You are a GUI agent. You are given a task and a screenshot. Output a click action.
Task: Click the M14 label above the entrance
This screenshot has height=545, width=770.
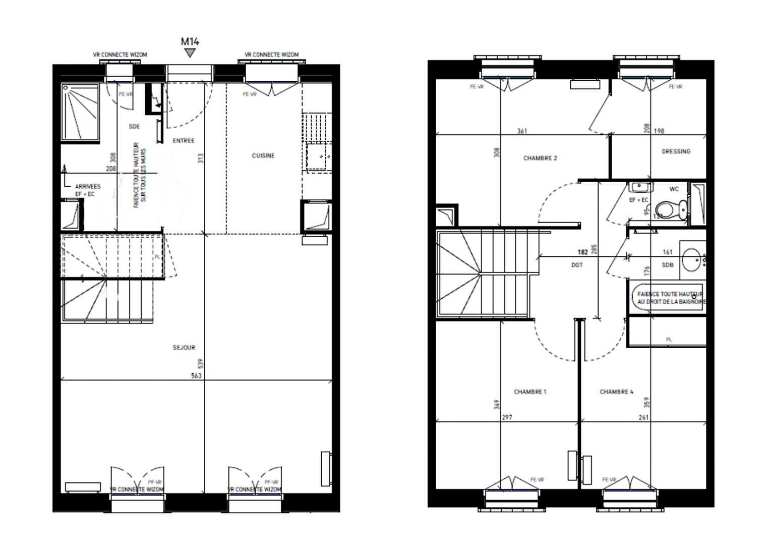click(x=190, y=41)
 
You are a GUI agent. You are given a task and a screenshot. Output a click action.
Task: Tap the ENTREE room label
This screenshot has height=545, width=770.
click(x=184, y=141)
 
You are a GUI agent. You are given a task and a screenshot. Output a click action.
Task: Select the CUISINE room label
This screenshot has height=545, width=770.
click(x=263, y=156)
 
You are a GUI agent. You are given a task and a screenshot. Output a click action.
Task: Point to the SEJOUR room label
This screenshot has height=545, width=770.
click(x=184, y=348)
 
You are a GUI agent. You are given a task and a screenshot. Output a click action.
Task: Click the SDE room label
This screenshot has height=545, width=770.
click(x=134, y=127)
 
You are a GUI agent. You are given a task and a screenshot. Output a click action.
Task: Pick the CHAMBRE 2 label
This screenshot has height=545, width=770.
click(x=540, y=158)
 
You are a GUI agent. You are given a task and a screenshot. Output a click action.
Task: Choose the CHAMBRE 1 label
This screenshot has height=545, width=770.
click(x=530, y=392)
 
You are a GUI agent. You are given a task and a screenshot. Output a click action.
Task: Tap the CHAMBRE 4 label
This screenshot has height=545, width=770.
click(x=617, y=392)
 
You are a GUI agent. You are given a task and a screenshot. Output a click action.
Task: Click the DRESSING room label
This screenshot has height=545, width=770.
click(x=676, y=151)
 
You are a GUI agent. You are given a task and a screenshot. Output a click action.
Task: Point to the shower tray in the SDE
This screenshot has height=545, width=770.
click(x=81, y=113)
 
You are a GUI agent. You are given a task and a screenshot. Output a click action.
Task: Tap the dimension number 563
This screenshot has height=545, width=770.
click(x=197, y=376)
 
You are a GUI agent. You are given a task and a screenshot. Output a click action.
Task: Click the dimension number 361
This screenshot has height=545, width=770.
click(x=522, y=132)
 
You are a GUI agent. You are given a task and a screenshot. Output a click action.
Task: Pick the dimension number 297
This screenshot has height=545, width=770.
click(x=507, y=418)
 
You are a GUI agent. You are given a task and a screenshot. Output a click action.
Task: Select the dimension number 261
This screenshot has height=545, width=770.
click(x=643, y=418)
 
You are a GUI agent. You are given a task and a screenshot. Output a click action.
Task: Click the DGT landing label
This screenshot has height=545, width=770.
click(x=577, y=265)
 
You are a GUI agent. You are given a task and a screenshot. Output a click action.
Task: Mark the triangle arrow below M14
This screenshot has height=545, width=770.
click(x=190, y=52)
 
